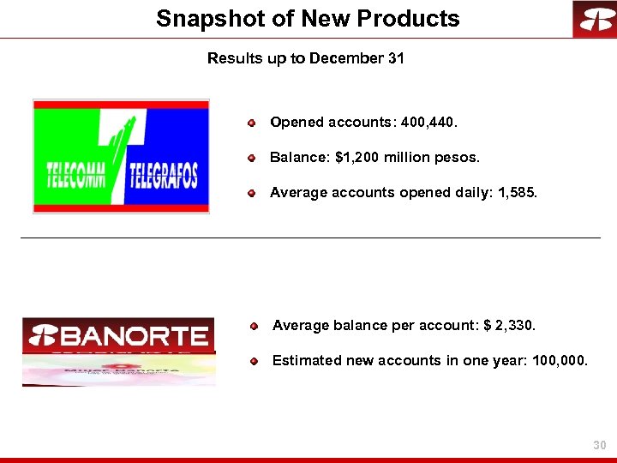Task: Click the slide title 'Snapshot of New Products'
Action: pos(308,19)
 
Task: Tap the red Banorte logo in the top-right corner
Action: pos(594,19)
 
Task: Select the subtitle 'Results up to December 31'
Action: pos(306,58)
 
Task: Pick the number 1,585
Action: pos(517,193)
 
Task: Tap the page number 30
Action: pos(599,446)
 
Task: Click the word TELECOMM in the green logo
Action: pos(76,177)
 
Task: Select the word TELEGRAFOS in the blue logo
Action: pos(164,177)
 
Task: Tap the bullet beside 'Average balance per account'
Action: pos(255,327)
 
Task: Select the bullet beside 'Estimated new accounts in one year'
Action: pos(255,362)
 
